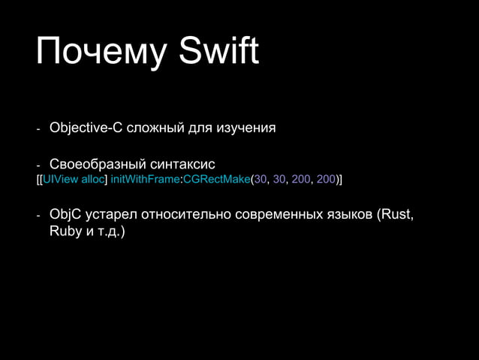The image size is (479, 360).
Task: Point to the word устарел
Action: point(112,216)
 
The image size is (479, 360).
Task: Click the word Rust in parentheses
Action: point(396,215)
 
